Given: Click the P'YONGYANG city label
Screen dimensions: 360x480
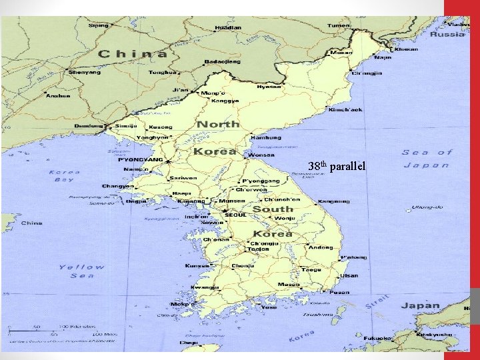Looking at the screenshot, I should pyautogui.click(x=141, y=160).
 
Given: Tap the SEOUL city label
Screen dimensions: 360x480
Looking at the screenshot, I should pyautogui.click(x=235, y=215).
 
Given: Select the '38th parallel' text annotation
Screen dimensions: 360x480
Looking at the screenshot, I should pyautogui.click(x=337, y=166).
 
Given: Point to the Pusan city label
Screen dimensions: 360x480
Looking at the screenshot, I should pyautogui.click(x=340, y=292).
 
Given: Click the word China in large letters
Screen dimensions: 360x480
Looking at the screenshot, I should pyautogui.click(x=133, y=53).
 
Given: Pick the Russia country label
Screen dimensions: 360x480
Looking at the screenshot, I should pyautogui.click(x=448, y=34).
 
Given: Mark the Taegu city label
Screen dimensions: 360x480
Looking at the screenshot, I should pyautogui.click(x=311, y=270).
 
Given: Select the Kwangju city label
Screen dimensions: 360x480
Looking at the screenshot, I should pyautogui.click(x=205, y=287).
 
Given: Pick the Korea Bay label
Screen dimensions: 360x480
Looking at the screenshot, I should pyautogui.click(x=65, y=176).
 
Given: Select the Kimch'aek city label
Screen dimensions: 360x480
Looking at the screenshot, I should pyautogui.click(x=346, y=109).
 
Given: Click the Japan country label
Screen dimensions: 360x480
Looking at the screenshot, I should pyautogui.click(x=420, y=306).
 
